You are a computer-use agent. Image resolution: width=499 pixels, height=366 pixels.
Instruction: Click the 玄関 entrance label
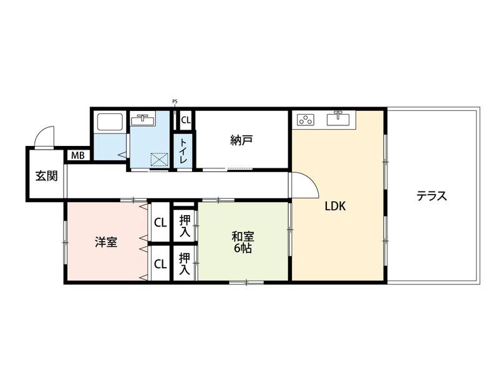click(x=46, y=176)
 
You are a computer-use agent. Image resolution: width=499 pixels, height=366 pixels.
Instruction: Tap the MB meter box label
click(x=78, y=155)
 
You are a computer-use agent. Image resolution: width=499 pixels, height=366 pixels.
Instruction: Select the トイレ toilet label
click(x=184, y=152)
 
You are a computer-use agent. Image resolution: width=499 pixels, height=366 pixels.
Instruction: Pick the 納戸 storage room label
click(x=241, y=140)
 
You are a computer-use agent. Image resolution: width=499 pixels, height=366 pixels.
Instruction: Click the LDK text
click(x=334, y=206)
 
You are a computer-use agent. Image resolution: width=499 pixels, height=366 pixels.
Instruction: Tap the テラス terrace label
click(x=432, y=196)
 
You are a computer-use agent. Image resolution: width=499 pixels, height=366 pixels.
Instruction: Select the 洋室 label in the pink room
click(x=106, y=242)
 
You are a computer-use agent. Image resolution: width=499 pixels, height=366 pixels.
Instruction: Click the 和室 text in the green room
click(x=243, y=236)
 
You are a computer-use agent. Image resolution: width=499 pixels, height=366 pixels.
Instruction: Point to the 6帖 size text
click(x=243, y=248)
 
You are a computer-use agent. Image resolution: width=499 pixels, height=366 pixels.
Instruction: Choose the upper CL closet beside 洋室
click(x=160, y=222)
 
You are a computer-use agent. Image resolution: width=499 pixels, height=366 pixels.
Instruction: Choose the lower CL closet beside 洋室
click(x=160, y=263)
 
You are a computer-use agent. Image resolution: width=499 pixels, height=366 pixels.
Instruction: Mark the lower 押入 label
click(x=185, y=262)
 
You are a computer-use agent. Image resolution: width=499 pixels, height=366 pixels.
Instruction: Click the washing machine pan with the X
click(x=159, y=160)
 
